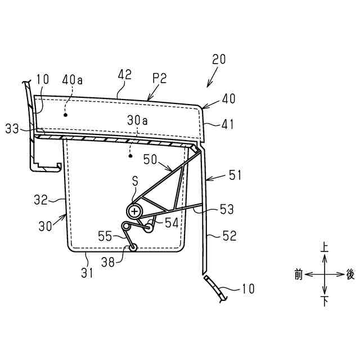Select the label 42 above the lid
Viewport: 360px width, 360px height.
tap(125, 74)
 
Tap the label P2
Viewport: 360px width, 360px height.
tap(159, 79)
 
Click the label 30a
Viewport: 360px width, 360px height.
tap(137, 120)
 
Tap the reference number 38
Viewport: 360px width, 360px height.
tap(110, 262)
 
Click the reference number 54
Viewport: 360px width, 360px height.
tap(172, 223)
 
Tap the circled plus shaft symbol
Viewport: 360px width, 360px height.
tap(135, 211)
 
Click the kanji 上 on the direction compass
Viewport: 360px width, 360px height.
tap(324, 247)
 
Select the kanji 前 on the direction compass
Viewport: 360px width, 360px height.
tap(298, 274)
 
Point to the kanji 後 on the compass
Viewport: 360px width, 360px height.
tap(350, 274)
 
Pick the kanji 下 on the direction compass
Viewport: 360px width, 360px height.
tap(324, 302)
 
